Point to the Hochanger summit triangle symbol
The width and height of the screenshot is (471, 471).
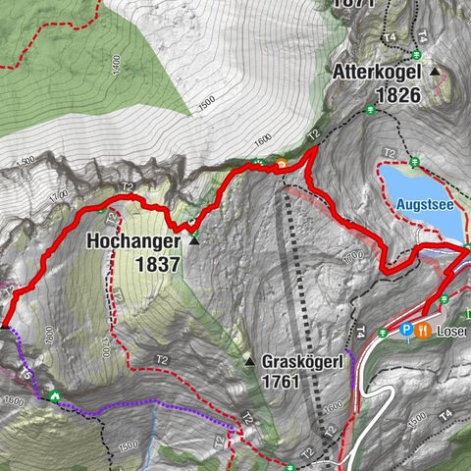point(194,240)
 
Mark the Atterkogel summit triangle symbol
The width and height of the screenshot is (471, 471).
point(434,72)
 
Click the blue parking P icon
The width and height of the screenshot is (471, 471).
point(405,331)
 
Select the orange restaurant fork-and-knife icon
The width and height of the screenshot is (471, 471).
point(424,331)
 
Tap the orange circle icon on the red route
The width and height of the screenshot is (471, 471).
point(282,164)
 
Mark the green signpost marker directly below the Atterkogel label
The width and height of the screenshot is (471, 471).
point(370,111)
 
